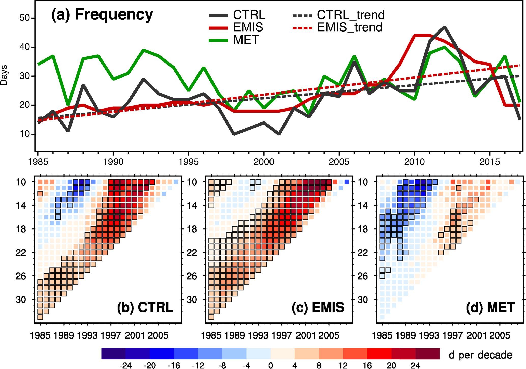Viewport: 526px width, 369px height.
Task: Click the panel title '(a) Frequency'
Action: point(102,14)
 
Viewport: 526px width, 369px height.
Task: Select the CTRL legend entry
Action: point(237,15)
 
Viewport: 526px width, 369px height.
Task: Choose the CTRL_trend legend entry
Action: point(338,15)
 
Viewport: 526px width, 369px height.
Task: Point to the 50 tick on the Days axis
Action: point(25,18)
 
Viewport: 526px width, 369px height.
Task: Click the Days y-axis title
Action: point(4,75)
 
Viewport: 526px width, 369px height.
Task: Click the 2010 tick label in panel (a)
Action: point(415,162)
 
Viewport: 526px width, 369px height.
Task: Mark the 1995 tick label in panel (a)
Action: point(188,162)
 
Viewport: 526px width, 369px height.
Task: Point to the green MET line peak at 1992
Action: point(144,50)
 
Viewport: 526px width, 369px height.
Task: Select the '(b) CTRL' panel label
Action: point(145,307)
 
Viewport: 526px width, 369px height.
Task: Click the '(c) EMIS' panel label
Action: point(318,307)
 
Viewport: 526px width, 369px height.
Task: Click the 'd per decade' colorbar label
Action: point(480,355)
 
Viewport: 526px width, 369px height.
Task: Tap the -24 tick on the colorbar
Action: point(125,365)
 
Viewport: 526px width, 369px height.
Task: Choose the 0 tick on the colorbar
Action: point(271,365)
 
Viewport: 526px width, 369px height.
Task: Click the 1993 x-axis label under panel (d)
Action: point(429,335)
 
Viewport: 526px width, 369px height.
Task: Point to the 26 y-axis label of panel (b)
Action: point(21,276)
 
